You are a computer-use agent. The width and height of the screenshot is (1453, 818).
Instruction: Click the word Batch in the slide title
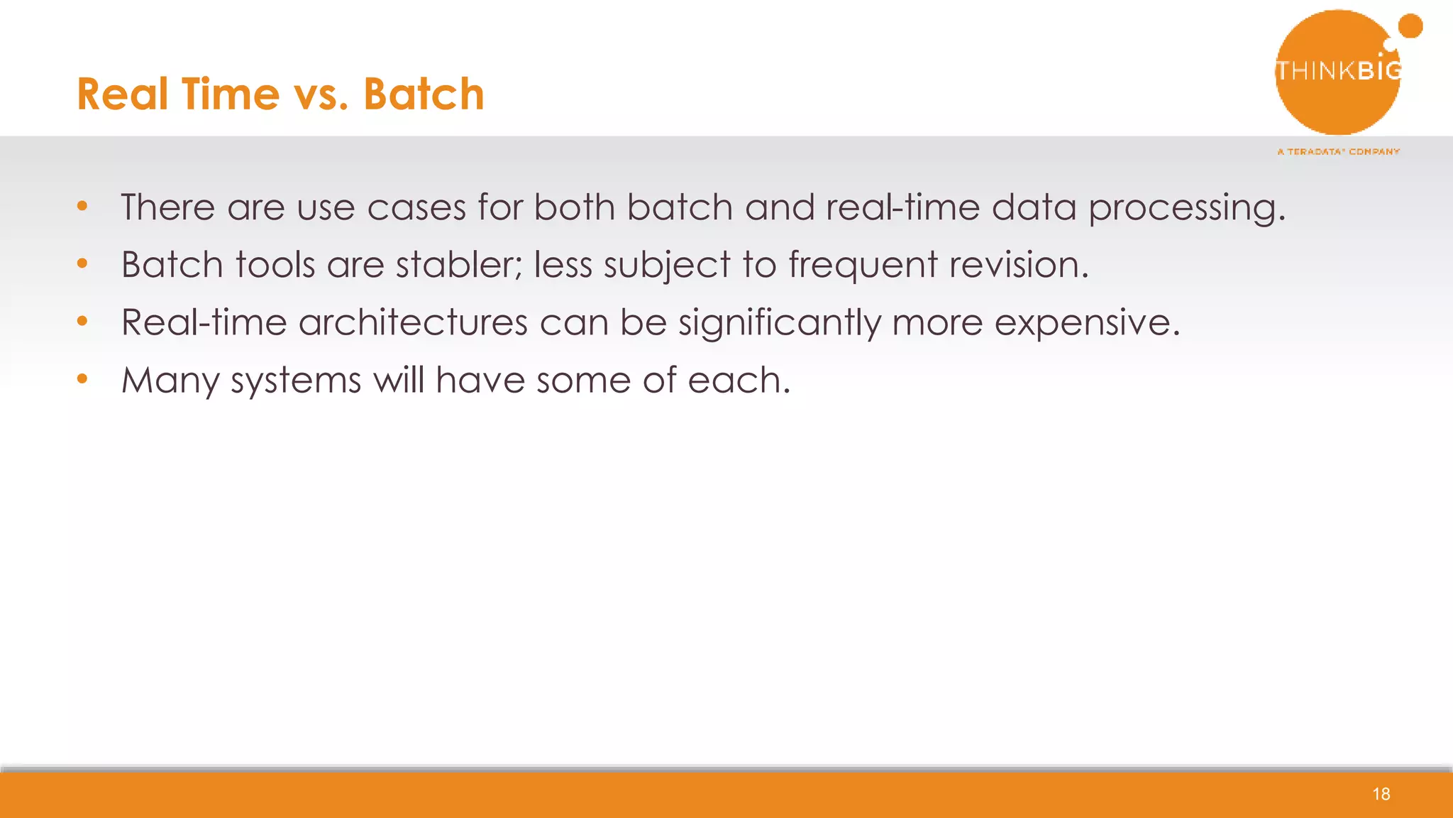click(x=424, y=94)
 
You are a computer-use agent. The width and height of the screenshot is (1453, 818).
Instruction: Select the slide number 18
click(x=1381, y=794)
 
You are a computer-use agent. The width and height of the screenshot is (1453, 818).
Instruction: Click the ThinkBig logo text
click(x=1338, y=70)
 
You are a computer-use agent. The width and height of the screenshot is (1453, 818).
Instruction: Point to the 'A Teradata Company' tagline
click(x=1338, y=151)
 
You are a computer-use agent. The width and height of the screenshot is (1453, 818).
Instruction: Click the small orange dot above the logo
click(x=1410, y=26)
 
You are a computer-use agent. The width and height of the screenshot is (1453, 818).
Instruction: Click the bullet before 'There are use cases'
click(x=82, y=207)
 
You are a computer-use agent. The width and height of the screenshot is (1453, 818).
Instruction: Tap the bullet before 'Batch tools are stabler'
click(x=82, y=264)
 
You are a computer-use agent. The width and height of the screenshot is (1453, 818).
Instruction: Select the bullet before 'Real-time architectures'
click(x=82, y=322)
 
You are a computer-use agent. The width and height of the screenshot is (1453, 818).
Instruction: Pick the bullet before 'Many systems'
click(x=82, y=379)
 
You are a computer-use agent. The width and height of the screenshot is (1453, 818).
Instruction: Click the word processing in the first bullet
click(x=1186, y=209)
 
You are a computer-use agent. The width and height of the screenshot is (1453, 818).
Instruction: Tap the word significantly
click(x=779, y=323)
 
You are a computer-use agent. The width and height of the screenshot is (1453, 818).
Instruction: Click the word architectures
click(x=413, y=322)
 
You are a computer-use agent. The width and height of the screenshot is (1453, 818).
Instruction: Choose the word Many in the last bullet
click(x=170, y=381)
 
